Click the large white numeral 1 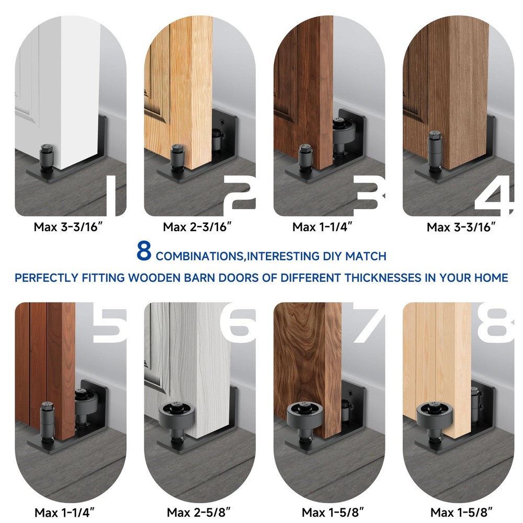click(x=111, y=196)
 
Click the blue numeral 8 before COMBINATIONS click(x=144, y=251)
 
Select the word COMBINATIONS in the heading click(x=199, y=256)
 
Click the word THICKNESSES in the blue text click(x=383, y=278)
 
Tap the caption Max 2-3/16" click(x=197, y=227)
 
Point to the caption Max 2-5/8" click(x=199, y=512)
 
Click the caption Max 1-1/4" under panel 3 click(x=322, y=227)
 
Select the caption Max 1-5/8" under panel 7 click(x=333, y=512)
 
